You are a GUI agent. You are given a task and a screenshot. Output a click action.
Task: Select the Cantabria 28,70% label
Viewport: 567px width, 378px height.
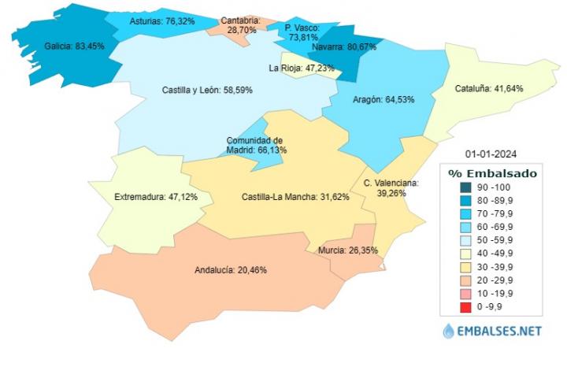(240, 24)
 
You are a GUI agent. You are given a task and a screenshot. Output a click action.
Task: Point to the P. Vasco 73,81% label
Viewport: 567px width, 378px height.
(302, 31)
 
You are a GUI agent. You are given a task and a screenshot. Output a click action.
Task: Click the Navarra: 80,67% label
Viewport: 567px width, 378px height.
(343, 47)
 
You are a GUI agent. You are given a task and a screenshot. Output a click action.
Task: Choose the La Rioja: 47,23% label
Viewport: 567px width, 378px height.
(302, 68)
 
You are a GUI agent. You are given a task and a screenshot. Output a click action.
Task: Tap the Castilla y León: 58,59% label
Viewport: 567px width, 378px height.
(207, 91)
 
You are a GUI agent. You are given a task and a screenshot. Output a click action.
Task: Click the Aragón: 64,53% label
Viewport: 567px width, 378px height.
(380, 100)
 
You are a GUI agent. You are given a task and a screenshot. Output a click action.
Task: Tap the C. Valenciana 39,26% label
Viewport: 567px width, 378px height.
(391, 187)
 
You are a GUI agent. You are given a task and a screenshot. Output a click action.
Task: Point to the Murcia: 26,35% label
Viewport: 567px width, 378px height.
(348, 251)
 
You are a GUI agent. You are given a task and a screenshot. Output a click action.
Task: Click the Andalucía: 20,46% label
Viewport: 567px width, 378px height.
(230, 270)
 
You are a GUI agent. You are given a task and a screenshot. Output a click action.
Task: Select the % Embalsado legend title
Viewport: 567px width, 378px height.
(492, 172)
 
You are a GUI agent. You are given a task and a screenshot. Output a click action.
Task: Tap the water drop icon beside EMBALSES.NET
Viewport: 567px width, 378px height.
(448, 332)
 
